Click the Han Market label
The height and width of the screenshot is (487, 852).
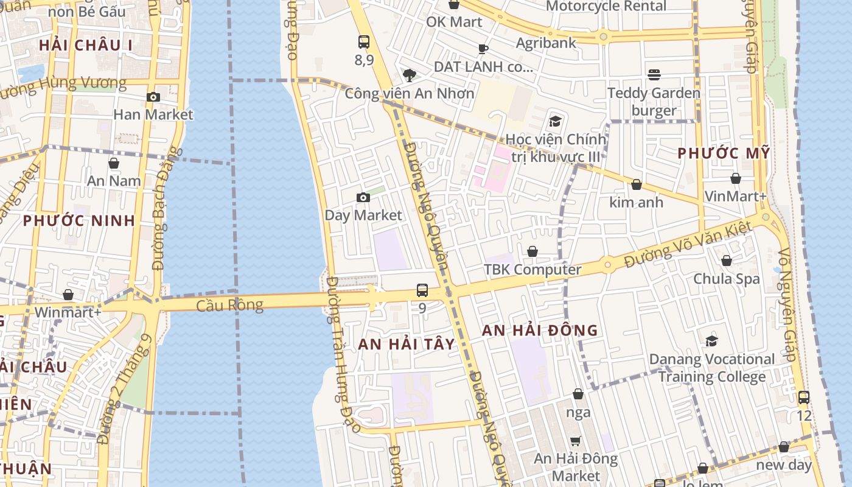pos(153,114)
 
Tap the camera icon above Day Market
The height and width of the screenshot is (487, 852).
pos(363,197)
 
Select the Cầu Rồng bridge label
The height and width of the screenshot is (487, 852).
pos(229,305)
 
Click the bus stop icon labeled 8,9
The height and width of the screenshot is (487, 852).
pos(364,42)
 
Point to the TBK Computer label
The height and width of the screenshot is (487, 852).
pos(532,270)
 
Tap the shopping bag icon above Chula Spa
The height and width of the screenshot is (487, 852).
pos(726,261)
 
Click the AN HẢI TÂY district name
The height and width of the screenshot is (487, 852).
pos(407,344)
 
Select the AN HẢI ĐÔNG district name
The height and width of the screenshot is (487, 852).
pos(540,331)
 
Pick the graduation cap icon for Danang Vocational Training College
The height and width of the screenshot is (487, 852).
pos(711,341)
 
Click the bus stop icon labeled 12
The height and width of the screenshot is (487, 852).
pos(804,398)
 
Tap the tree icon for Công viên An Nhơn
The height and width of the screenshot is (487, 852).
pos(410,75)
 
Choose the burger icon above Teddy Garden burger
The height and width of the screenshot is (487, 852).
pos(654,75)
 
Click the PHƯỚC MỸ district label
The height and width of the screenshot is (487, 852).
pos(724,153)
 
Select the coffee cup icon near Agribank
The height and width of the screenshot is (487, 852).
pos(483,49)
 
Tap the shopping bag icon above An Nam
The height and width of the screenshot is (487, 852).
pos(114,163)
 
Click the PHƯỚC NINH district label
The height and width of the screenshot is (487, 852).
pos(79,220)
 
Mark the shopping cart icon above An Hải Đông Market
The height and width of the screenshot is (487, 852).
pos(575,441)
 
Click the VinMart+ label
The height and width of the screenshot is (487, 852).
pos(735,196)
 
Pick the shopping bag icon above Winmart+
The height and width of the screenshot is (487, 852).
pos(68,295)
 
